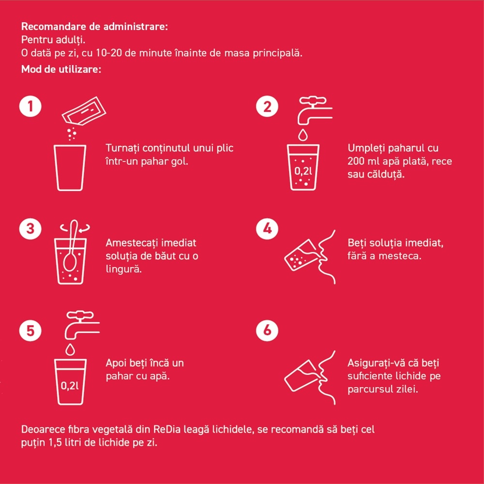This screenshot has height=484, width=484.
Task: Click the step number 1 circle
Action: (30, 106)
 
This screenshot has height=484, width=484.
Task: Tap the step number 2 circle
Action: (267, 106)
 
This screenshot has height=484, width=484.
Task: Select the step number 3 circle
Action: (30, 229)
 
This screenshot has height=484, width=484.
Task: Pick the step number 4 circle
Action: (267, 229)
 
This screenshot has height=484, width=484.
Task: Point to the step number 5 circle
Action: (30, 330)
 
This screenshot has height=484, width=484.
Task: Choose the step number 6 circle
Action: (267, 330)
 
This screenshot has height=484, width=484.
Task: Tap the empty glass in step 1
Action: (70, 167)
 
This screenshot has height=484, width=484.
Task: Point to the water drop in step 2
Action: (303, 135)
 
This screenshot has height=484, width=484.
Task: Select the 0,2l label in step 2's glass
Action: (303, 171)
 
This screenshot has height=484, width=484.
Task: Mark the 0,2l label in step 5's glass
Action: (70, 386)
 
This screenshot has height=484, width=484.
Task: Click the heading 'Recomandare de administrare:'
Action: (94, 27)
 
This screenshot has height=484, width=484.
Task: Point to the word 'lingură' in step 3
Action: (124, 269)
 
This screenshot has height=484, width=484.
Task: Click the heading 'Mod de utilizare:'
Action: (61, 69)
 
